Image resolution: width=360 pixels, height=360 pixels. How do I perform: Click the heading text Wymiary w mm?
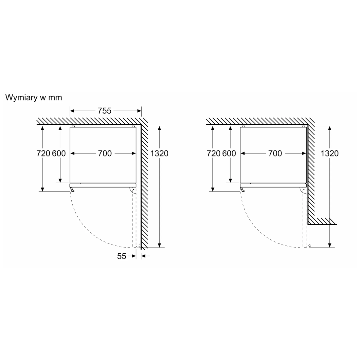click(34, 97)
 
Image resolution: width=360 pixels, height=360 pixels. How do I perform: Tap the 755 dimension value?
click(105, 111)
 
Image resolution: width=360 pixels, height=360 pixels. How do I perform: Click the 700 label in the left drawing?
click(105, 153)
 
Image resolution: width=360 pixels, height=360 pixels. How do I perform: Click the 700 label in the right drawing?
click(275, 153)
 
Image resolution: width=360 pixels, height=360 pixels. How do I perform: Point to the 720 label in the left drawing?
click(43, 153)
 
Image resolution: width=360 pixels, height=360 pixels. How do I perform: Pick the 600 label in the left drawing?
click(59, 153)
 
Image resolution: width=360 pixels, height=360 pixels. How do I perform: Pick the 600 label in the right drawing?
click(229, 153)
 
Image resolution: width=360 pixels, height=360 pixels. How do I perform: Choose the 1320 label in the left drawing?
click(159, 153)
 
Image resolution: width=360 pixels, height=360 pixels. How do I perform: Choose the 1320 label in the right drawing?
click(329, 153)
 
